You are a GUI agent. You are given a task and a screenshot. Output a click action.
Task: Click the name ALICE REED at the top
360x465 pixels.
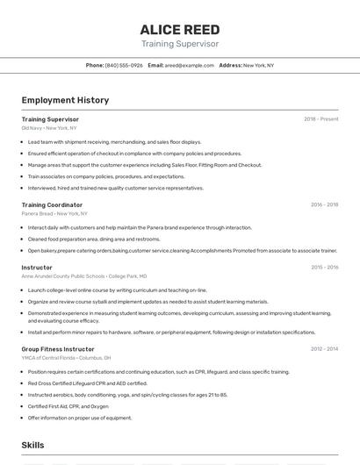click(x=180, y=30)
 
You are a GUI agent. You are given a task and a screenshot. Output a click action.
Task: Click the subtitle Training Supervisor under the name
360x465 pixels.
click(x=180, y=43)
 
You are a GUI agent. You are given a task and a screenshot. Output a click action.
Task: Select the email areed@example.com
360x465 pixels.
click(x=190, y=65)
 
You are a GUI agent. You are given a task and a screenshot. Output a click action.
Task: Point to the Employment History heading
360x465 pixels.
click(x=65, y=100)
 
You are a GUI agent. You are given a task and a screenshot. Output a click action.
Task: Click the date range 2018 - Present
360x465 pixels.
click(x=321, y=119)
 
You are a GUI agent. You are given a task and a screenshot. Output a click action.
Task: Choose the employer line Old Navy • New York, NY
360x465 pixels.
click(x=49, y=128)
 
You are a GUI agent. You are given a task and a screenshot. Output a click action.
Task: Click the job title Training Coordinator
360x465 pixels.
click(x=52, y=204)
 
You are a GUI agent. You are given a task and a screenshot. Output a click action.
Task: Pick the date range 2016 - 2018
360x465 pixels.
click(x=324, y=204)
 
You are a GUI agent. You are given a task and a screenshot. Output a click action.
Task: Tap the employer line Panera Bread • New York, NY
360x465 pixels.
click(x=54, y=213)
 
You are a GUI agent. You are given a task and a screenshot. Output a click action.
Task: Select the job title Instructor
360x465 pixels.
click(x=37, y=267)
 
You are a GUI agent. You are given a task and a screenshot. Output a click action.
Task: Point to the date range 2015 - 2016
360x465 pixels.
click(x=324, y=267)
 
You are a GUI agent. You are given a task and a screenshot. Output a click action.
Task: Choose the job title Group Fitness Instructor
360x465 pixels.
click(x=58, y=348)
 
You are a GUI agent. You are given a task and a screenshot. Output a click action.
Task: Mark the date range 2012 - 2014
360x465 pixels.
click(x=324, y=348)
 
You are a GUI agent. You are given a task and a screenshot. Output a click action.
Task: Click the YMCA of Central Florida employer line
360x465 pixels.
click(x=66, y=358)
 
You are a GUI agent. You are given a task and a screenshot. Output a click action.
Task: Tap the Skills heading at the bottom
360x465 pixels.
click(x=33, y=445)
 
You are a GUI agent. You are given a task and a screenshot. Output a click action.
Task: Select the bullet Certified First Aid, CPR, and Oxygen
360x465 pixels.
click(x=68, y=406)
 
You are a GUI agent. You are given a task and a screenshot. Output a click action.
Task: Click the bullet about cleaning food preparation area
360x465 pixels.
click(x=94, y=239)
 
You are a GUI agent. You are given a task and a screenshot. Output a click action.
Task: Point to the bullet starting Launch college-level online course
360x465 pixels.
click(x=118, y=290)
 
